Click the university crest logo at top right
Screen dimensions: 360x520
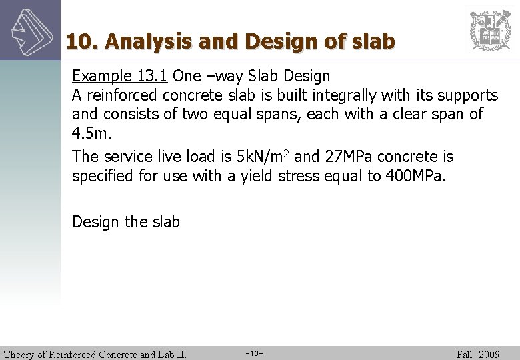click(490, 30)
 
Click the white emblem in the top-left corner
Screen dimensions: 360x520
click(30, 30)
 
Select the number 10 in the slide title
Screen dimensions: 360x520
click(79, 41)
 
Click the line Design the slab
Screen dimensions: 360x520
click(126, 221)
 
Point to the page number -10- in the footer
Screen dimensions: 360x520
click(255, 353)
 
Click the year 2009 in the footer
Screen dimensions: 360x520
click(489, 354)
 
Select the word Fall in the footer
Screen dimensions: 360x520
click(465, 354)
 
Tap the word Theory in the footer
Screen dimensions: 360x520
click(21, 354)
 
